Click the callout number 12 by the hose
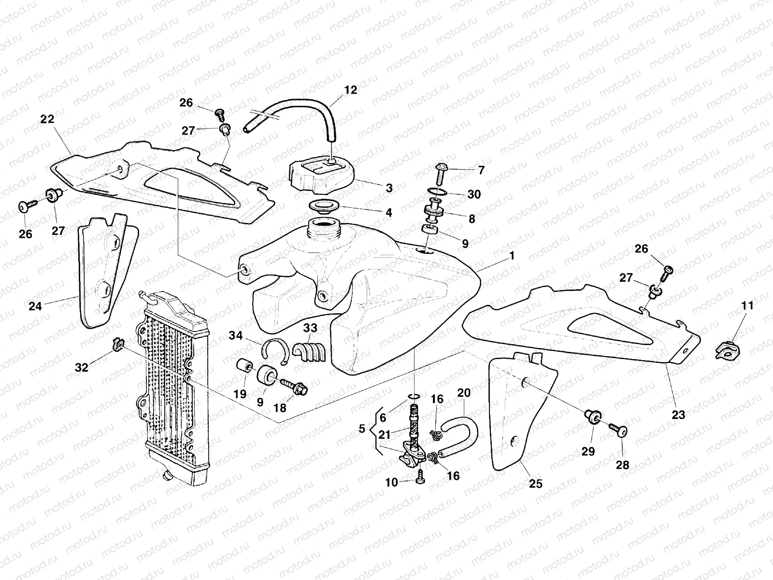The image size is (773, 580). pos(351,90)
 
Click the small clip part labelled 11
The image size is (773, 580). pos(726,349)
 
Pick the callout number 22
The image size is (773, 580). pos(47,119)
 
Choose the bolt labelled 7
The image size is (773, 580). pos(440,172)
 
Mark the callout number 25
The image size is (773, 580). pos(536,483)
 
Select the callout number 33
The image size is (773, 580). pos(310,328)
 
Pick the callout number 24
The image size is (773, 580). pos(36,305)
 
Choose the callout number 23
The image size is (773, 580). pos(679,414)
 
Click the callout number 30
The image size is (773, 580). pos(474,194)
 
